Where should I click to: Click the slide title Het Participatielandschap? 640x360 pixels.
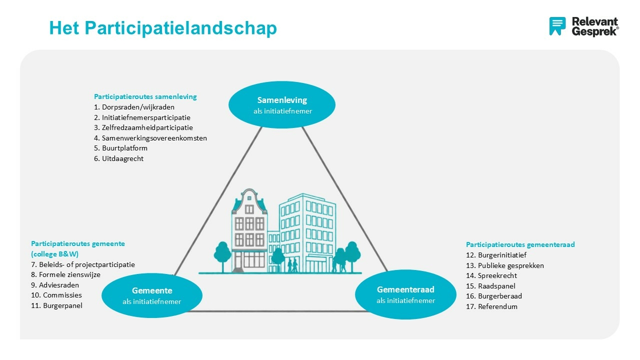tap(162, 28)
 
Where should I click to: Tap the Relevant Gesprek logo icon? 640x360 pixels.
tap(557, 26)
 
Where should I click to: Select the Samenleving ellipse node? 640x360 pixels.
tap(282, 104)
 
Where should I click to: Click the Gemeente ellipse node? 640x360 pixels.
tap(152, 295)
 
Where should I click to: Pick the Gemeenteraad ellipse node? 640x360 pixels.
tap(405, 294)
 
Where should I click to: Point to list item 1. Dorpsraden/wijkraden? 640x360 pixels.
tap(134, 107)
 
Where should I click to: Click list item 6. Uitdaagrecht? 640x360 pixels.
tap(118, 158)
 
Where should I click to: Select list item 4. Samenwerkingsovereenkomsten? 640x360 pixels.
tap(150, 138)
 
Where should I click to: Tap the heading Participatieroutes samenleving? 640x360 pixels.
tap(145, 96)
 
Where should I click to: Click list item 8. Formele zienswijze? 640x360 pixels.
tap(65, 274)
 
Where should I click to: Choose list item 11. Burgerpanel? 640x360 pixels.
tap(56, 305)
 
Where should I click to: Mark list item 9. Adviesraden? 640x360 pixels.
tap(55, 285)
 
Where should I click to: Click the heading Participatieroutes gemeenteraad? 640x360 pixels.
tap(520, 244)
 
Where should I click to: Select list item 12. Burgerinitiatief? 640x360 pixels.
tap(496, 255)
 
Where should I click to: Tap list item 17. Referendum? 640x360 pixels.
tap(491, 306)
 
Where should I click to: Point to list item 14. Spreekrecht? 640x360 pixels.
tap(491, 275)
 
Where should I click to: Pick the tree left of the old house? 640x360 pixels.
tap(222, 252)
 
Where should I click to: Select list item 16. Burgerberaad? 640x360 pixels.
tap(493, 296)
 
